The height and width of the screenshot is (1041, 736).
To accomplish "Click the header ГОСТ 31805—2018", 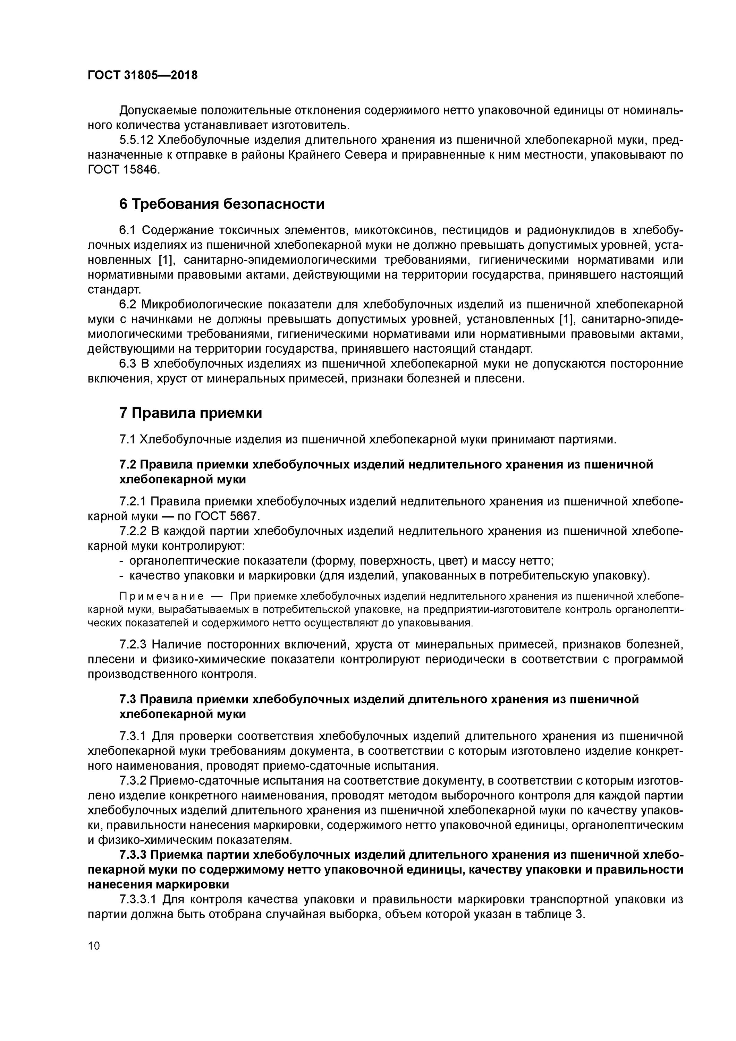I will [142, 75].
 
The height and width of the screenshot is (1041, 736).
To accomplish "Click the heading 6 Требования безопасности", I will [222, 204].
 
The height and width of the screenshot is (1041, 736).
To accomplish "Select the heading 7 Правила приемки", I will [191, 413].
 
